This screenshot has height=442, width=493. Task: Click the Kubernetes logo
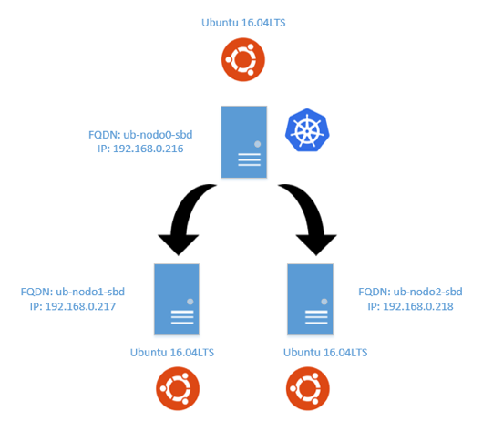[307, 130]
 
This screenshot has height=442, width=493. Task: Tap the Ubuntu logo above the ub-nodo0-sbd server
[243, 59]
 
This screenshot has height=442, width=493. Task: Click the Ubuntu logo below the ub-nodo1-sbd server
[178, 388]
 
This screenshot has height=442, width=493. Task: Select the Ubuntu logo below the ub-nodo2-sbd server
[308, 388]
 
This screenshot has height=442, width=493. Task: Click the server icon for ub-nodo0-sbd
[244, 142]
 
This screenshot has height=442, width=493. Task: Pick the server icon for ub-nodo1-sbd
[177, 299]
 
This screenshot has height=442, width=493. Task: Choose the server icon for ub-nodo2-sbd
[311, 299]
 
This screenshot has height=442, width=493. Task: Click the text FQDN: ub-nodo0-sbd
[140, 135]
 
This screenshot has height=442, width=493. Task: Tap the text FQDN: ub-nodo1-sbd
[73, 292]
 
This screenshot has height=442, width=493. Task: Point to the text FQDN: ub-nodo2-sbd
[410, 292]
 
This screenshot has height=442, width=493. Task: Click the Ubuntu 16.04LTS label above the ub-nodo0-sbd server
[243, 23]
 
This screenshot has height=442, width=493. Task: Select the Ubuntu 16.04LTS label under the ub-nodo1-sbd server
[172, 353]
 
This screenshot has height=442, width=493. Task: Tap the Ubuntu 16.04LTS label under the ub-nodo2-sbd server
[325, 353]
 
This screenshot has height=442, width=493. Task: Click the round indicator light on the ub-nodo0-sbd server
[258, 144]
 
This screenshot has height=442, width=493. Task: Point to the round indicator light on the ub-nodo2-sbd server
[324, 302]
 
